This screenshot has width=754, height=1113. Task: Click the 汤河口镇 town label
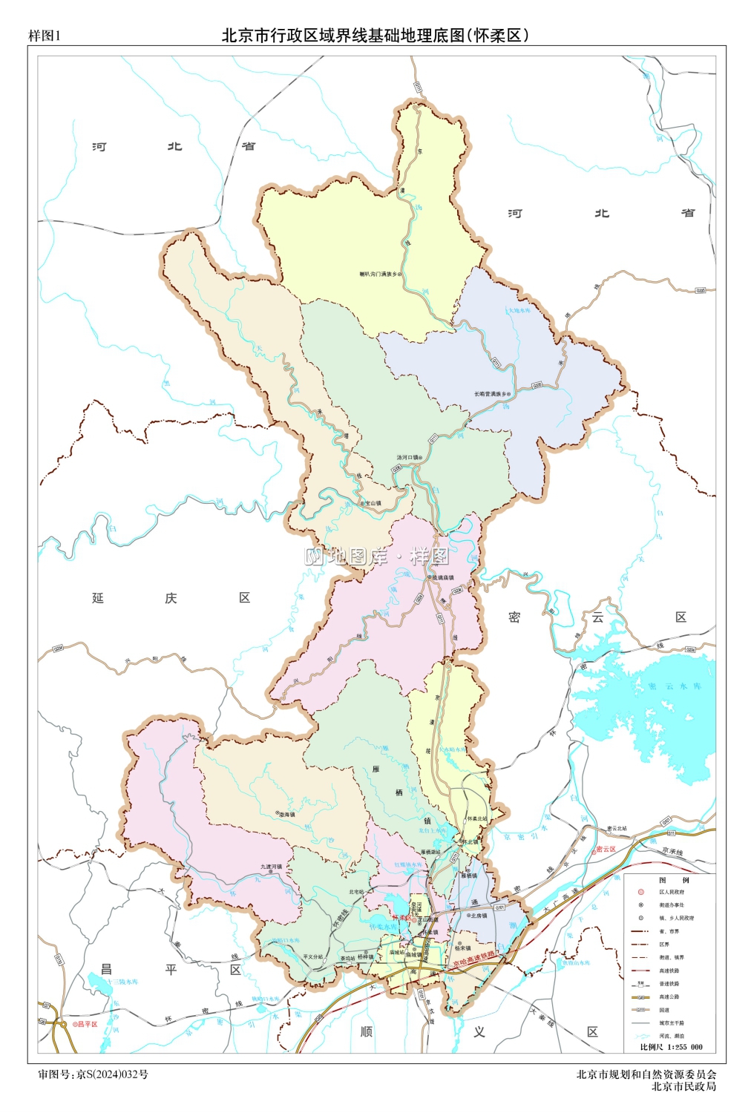click(407, 458)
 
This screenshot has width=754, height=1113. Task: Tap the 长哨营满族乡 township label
click(491, 394)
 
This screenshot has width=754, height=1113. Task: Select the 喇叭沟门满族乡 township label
click(378, 275)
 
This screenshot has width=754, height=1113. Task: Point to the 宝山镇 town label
click(373, 503)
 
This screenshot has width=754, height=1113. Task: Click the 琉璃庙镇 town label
click(442, 577)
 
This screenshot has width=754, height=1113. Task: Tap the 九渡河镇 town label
click(271, 867)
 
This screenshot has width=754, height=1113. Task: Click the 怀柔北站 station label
click(476, 819)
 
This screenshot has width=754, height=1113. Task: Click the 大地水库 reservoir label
click(519, 310)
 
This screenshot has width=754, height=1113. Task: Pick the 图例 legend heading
click(673, 880)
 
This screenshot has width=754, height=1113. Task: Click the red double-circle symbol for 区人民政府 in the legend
click(640, 893)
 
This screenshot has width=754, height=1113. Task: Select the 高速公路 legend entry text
click(669, 997)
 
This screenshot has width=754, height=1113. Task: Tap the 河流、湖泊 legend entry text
click(672, 1036)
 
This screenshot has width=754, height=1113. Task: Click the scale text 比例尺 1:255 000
click(671, 1047)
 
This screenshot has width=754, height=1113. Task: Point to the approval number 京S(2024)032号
click(112, 1074)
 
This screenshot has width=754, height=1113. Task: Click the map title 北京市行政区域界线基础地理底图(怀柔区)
click(376, 35)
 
